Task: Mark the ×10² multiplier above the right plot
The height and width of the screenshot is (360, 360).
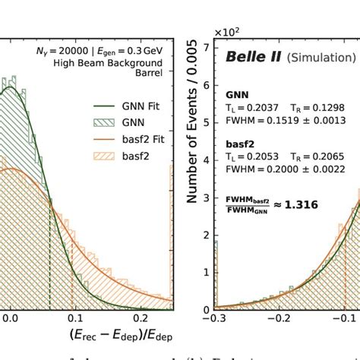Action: click(x=226, y=33)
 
